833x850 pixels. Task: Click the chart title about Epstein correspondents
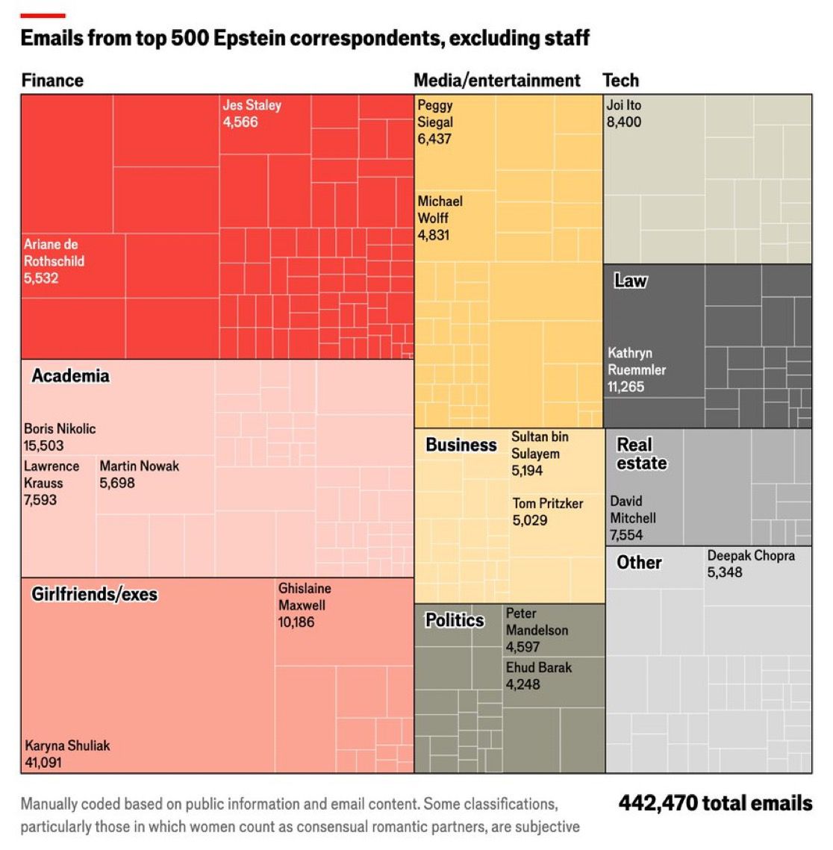point(305,38)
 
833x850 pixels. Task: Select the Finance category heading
point(52,81)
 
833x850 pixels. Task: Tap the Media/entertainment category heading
point(496,81)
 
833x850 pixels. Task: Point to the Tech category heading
point(620,81)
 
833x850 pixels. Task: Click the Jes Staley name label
point(252,105)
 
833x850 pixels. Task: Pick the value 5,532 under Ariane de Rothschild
point(41,278)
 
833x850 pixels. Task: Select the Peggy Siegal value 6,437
point(434,139)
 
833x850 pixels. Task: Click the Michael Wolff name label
point(440,210)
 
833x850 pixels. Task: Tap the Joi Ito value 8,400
point(623,122)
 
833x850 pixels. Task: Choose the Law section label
point(630,281)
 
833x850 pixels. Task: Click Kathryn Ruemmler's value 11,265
point(625,387)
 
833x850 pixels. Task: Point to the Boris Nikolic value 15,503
point(43,446)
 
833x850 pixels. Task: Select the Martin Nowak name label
point(140,466)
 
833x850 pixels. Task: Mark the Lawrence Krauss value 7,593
point(40,500)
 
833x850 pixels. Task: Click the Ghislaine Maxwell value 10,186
point(296,622)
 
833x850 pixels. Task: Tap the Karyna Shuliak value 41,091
point(43,763)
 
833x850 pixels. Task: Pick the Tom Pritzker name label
point(547,504)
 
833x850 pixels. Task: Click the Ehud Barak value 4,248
point(522,684)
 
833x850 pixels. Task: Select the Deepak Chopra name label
point(751,556)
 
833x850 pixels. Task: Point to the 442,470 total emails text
point(714,803)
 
